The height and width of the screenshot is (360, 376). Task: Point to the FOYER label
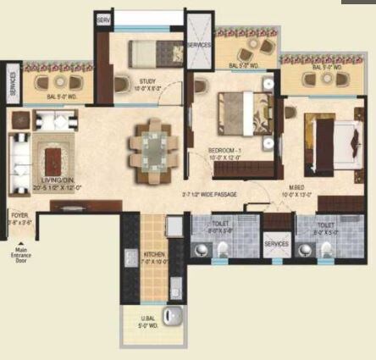[x=19, y=218]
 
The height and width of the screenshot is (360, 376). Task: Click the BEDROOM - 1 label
[x=226, y=150]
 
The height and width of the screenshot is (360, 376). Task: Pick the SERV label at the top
[x=104, y=19]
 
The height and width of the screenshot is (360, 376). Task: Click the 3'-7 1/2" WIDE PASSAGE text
[x=208, y=195]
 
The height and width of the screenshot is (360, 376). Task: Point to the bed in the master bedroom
[x=327, y=136]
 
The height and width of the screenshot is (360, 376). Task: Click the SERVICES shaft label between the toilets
[x=276, y=244]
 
